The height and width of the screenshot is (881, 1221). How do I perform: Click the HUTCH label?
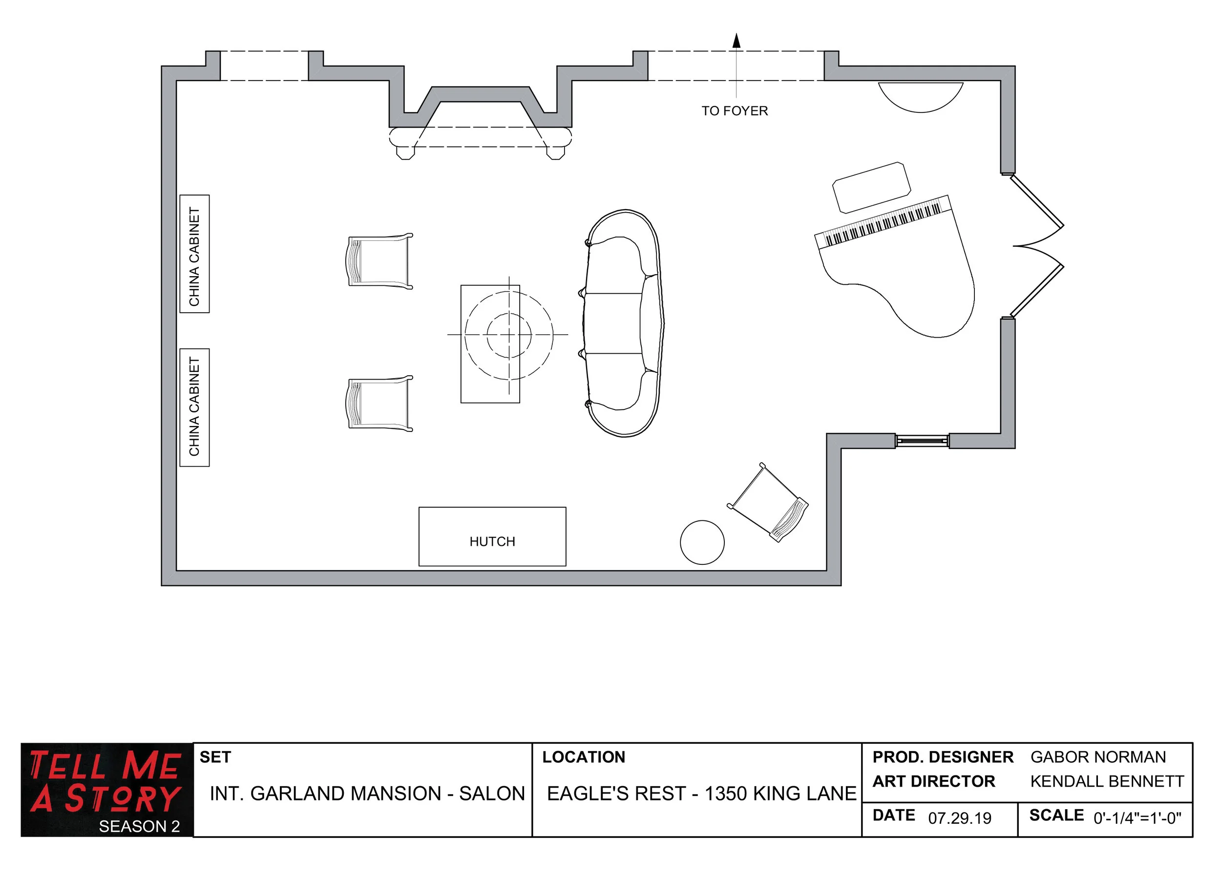492,541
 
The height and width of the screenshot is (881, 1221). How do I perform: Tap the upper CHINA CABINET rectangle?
194,254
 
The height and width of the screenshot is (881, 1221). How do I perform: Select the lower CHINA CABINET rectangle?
194,407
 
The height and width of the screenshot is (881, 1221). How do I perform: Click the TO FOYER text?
735,111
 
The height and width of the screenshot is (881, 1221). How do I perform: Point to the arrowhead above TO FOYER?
737,41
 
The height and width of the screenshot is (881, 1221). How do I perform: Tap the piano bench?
871,188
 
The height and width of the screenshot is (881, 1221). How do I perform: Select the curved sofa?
623,323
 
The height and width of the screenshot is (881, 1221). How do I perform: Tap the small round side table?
702,542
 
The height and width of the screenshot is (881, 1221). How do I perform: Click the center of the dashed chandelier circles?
509,334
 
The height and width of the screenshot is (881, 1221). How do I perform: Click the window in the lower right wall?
922,441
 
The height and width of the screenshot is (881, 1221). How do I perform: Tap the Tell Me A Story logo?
106,789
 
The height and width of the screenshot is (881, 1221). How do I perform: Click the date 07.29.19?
959,818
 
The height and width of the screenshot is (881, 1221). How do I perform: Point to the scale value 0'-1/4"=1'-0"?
1137,818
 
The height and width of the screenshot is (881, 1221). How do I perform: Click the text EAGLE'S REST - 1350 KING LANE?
701,793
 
